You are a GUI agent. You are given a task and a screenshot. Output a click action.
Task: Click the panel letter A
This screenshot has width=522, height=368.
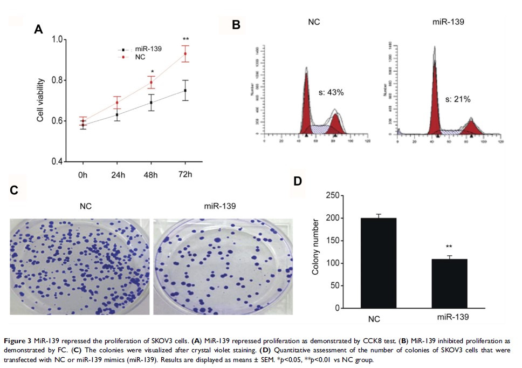pos(38,30)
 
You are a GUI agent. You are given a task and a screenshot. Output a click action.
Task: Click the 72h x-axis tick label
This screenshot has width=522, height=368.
pos(185,176)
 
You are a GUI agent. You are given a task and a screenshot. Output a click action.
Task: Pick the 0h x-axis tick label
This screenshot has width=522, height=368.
pos(82,176)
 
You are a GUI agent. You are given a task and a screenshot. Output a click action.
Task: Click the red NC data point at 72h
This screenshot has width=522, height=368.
pos(186,53)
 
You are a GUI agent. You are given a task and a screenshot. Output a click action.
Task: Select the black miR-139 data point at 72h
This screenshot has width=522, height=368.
pos(186,90)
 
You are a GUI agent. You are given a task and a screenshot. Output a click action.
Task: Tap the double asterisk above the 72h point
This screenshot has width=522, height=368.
pos(186,39)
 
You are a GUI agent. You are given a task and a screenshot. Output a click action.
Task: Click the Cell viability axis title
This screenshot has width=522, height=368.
pos(40,100)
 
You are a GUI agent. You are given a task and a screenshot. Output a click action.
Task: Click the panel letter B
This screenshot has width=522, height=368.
pos(236,25)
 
